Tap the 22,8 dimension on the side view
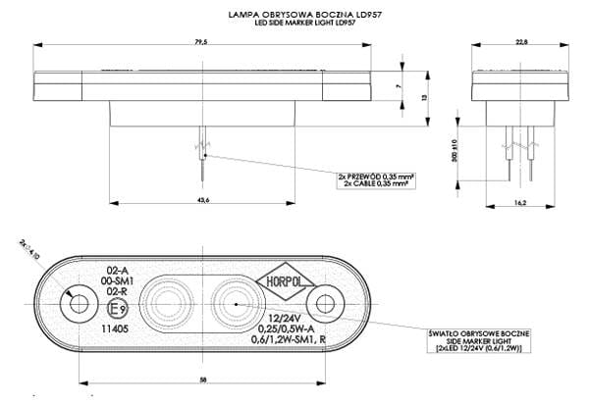(x=521, y=41)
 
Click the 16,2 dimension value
(x=520, y=203)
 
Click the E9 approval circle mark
(x=117, y=311)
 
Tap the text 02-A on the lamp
(x=118, y=269)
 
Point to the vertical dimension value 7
(x=399, y=87)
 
